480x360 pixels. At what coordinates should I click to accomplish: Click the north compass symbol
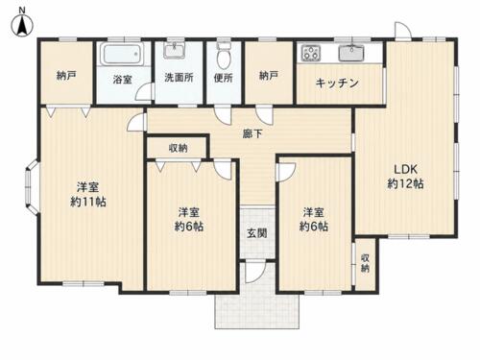(22, 23)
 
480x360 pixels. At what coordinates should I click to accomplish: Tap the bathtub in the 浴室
(123, 54)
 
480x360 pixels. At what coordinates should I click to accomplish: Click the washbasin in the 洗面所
(175, 51)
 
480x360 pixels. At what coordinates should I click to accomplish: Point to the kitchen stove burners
(311, 53)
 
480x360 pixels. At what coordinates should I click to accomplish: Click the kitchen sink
(351, 53)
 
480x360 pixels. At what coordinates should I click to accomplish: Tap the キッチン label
(337, 84)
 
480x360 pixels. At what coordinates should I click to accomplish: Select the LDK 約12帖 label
(406, 177)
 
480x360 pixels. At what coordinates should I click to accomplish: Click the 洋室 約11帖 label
(88, 195)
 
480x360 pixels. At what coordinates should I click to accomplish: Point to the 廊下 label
(252, 133)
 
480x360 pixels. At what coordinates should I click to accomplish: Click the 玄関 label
(257, 233)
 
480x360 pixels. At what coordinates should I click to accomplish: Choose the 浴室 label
(123, 79)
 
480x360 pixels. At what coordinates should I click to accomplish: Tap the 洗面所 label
(179, 78)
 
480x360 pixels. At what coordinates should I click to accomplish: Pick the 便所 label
(224, 78)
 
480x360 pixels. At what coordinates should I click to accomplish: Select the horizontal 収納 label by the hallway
(179, 148)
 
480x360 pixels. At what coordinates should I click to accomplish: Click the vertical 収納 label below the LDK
(365, 263)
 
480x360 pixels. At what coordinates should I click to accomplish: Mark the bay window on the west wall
(32, 186)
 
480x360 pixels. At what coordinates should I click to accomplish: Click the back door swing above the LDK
(402, 31)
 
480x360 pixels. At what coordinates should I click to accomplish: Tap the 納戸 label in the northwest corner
(66, 76)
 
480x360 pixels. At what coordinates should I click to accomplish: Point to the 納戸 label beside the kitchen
(269, 76)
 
